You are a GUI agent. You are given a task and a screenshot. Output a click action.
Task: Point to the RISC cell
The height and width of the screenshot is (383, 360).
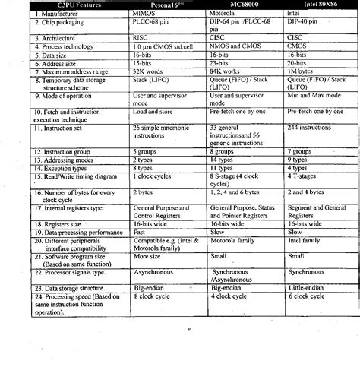(141, 37)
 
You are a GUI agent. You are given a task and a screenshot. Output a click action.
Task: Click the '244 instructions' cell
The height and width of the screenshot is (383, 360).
(309, 128)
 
